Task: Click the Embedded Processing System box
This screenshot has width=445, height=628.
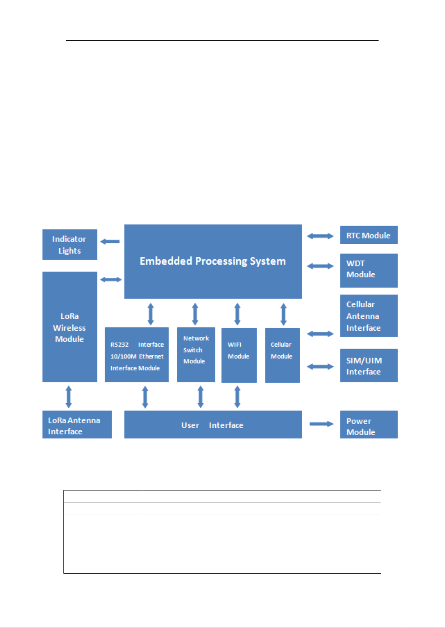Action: pyautogui.click(x=213, y=261)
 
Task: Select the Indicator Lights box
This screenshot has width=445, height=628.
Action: pyautogui.click(x=70, y=244)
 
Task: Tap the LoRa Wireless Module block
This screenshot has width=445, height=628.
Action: pyautogui.click(x=70, y=326)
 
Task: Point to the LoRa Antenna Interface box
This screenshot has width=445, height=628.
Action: pyautogui.click(x=77, y=424)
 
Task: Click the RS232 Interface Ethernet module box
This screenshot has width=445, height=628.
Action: pyautogui.click(x=137, y=355)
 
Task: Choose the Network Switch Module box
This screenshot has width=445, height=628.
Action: pyautogui.click(x=196, y=355)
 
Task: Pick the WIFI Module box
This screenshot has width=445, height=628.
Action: pyautogui.click(x=239, y=355)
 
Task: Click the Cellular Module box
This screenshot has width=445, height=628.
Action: pyautogui.click(x=283, y=355)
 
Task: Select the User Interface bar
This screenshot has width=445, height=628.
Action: pyautogui.click(x=213, y=425)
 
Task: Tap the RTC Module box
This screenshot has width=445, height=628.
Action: pyautogui.click(x=368, y=235)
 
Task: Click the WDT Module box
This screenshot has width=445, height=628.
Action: pyautogui.click(x=368, y=271)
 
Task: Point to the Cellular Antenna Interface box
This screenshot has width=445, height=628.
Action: pyautogui.click(x=368, y=316)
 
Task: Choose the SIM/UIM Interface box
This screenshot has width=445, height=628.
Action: pyautogui.click(x=368, y=365)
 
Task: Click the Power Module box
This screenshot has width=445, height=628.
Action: pyautogui.click(x=368, y=425)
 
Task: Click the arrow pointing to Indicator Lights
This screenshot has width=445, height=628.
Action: pyautogui.click(x=110, y=242)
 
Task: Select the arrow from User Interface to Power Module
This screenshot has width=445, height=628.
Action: pyautogui.click(x=321, y=424)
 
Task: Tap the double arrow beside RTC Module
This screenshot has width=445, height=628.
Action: pyautogui.click(x=320, y=236)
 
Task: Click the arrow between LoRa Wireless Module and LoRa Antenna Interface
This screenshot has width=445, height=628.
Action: pyautogui.click(x=69, y=397)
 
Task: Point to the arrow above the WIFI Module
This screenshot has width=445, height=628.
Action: pyautogui.click(x=237, y=314)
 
